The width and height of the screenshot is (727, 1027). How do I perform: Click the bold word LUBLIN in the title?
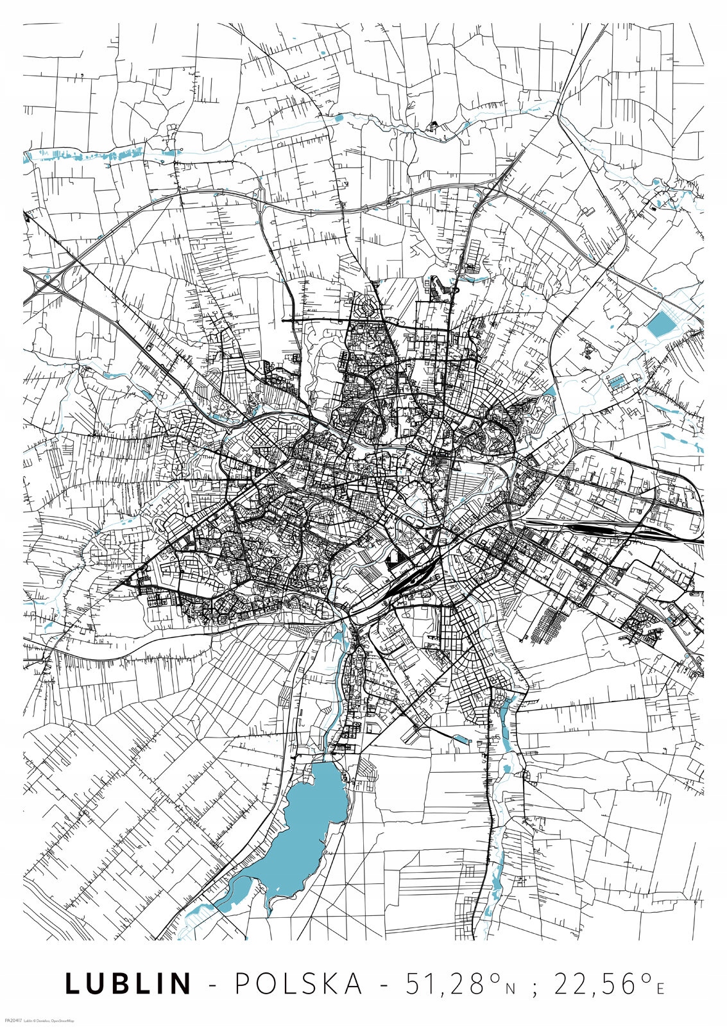pos(128,984)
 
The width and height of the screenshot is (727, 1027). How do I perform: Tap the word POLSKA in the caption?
pos(299,984)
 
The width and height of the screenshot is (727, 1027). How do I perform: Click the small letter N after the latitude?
pos(510,989)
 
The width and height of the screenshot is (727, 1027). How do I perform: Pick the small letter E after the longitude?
pos(660,989)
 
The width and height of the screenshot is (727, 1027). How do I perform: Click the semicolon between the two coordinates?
pos(534,987)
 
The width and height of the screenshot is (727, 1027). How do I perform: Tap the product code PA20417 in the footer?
pos(13,1020)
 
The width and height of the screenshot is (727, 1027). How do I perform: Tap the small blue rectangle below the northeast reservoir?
pos(616,383)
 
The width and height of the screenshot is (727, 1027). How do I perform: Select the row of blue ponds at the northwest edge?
pos(96,155)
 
